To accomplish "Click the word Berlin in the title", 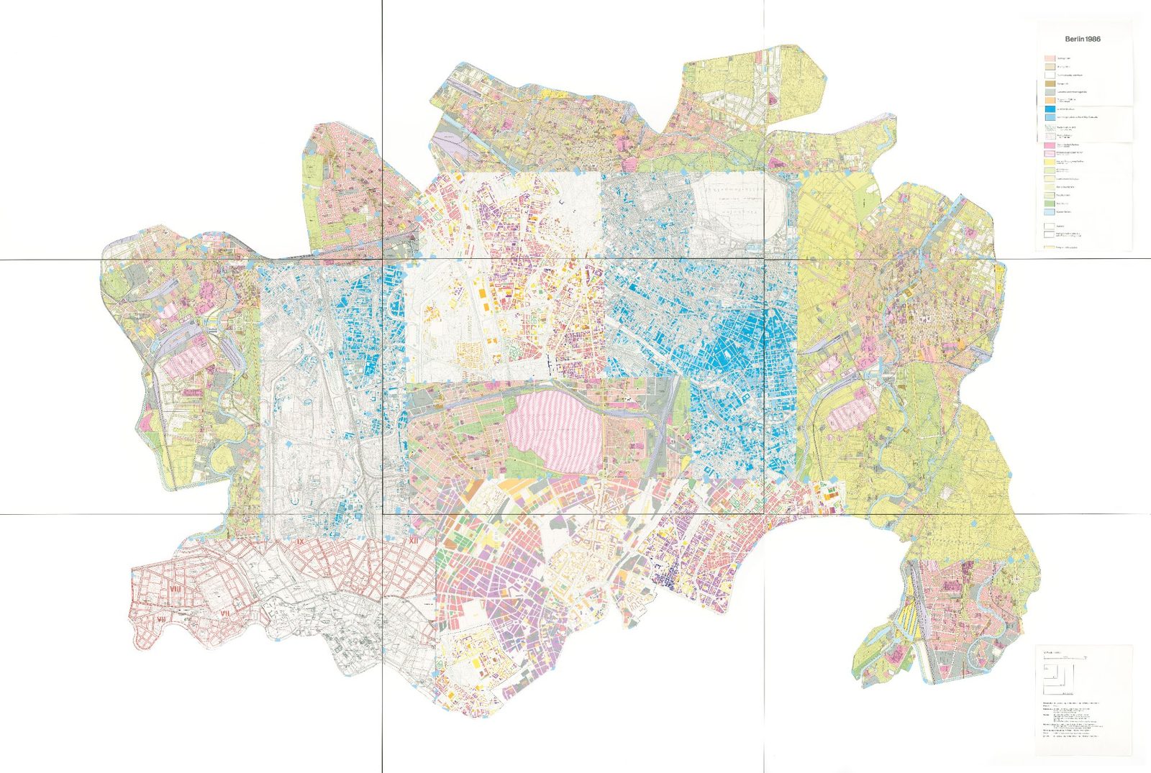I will [1075, 39].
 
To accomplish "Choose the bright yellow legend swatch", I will [1050, 162].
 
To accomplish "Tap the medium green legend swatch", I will [1050, 203].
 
